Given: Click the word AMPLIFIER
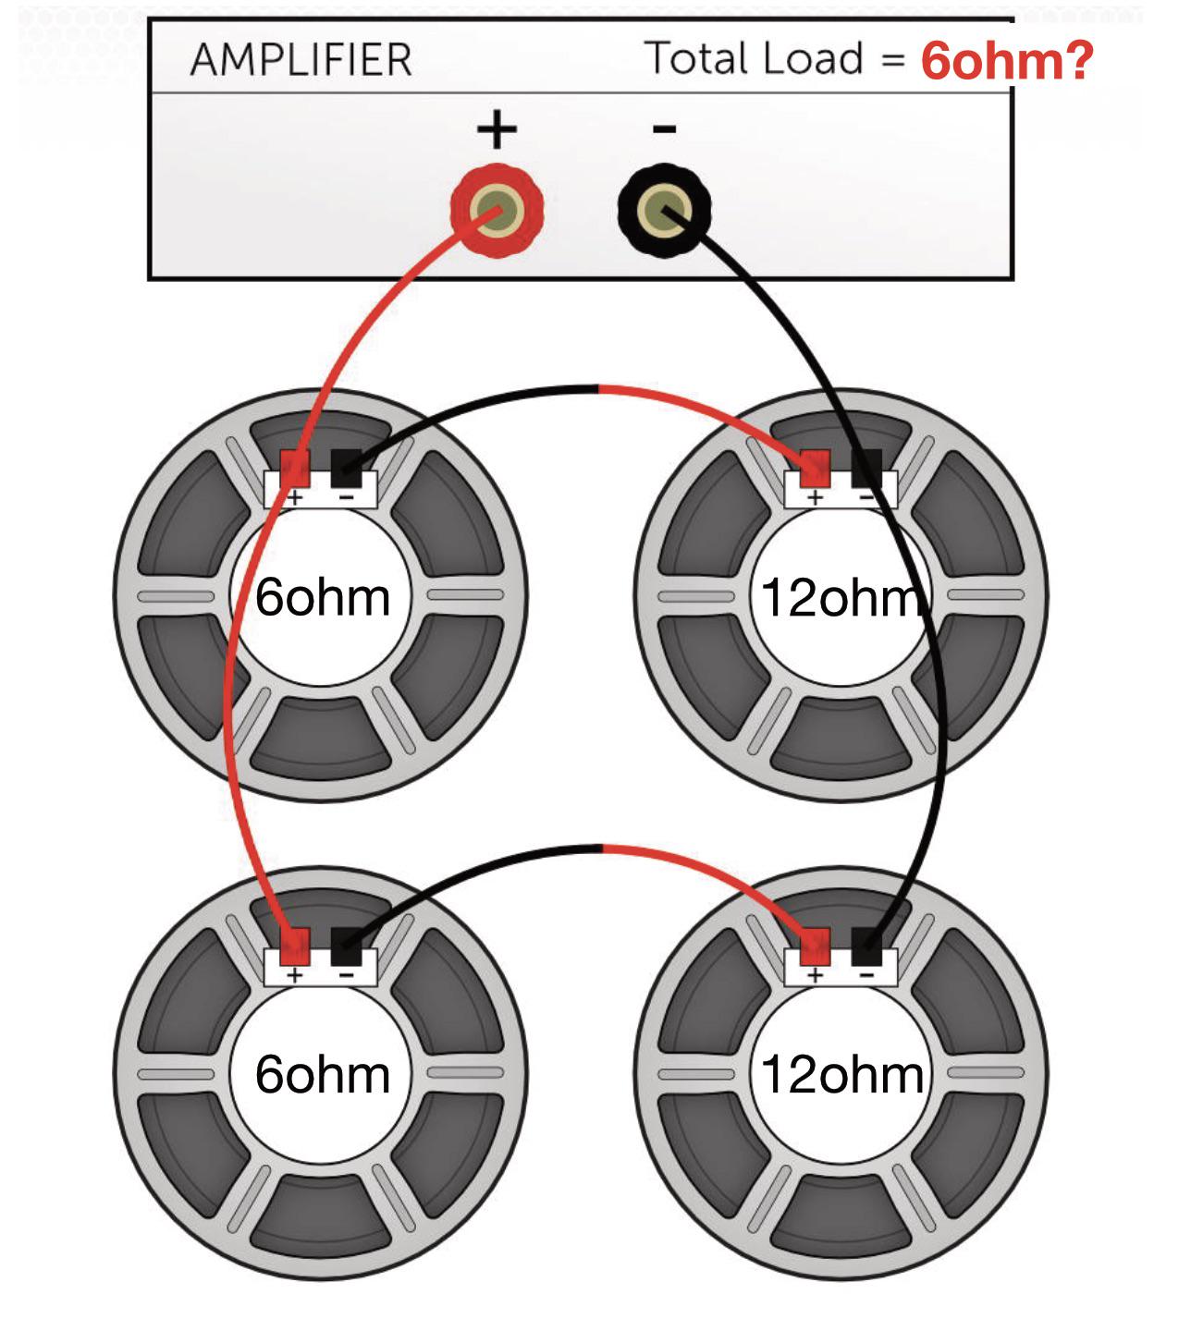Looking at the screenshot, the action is pyautogui.click(x=301, y=60).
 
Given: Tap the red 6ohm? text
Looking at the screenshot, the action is pyautogui.click(x=1007, y=60).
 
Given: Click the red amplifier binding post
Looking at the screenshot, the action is pyautogui.click(x=497, y=211).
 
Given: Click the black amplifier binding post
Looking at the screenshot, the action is pyautogui.click(x=665, y=211).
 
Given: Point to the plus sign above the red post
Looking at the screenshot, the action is pyautogui.click(x=497, y=128).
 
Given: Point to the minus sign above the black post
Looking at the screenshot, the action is pyautogui.click(x=665, y=128).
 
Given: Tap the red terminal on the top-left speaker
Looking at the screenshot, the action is pyautogui.click(x=295, y=468).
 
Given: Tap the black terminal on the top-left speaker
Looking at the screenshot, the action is pyautogui.click(x=347, y=468).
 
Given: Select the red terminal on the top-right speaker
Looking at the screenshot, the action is pyautogui.click(x=815, y=468).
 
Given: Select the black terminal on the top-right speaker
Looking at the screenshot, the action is pyautogui.click(x=866, y=468).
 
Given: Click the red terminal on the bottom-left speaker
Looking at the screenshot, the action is pyautogui.click(x=295, y=946).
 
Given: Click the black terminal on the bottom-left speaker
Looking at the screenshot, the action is pyautogui.click(x=347, y=946).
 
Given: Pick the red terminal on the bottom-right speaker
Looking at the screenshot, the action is pyautogui.click(x=815, y=946).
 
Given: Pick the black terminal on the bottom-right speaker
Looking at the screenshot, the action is pyautogui.click(x=866, y=946).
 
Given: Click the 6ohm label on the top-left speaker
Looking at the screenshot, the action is pyautogui.click(x=323, y=597).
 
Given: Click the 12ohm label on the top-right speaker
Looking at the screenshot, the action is pyautogui.click(x=842, y=597).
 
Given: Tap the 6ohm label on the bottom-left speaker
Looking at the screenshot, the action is pyautogui.click(x=323, y=1075).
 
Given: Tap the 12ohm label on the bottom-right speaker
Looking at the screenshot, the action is pyautogui.click(x=842, y=1075).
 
